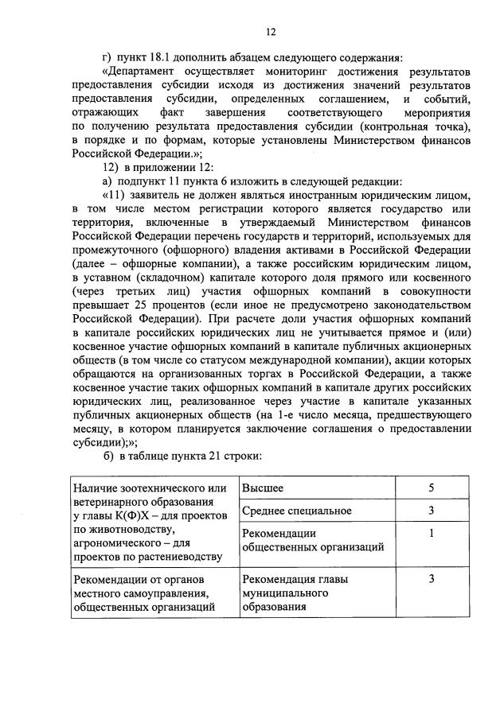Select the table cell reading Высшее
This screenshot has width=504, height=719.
click(263, 488)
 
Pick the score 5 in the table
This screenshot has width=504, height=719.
click(431, 488)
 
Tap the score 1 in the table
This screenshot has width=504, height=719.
click(431, 533)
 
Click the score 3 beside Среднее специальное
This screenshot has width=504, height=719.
click(431, 510)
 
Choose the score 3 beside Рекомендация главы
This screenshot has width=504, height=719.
click(431, 580)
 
